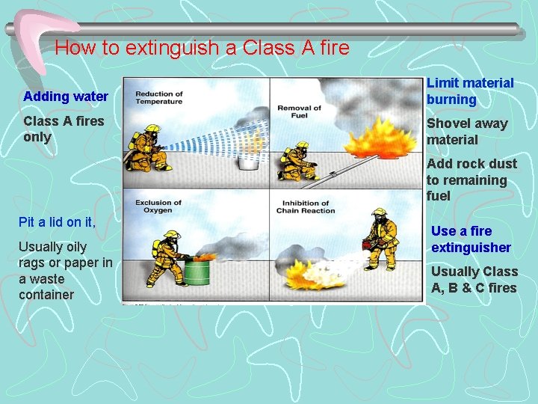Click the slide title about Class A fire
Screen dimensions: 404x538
[x=202, y=49]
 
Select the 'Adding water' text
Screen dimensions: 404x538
[x=66, y=97]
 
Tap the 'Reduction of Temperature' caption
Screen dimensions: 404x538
[x=159, y=98]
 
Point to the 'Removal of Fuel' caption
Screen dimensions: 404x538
[x=299, y=112]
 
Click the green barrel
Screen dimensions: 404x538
[x=198, y=271]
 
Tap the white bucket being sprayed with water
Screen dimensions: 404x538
[x=247, y=164]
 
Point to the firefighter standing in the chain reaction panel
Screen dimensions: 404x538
[x=381, y=239]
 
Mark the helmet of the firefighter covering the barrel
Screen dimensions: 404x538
[x=173, y=235]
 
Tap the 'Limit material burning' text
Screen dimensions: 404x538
[x=470, y=91]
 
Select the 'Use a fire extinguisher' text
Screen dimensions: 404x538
[x=471, y=239]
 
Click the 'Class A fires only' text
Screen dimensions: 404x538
[x=64, y=129]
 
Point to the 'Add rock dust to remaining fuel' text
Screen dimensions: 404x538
[x=471, y=180]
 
